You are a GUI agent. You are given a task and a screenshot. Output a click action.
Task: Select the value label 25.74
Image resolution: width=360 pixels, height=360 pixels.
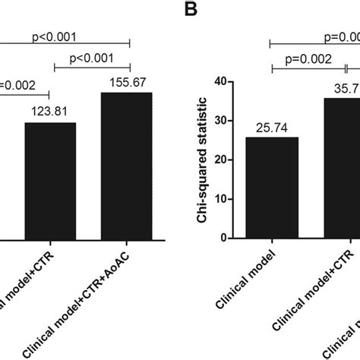tap(272, 128)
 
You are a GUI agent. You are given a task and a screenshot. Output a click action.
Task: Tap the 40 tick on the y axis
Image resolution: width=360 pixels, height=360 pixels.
tap(222, 82)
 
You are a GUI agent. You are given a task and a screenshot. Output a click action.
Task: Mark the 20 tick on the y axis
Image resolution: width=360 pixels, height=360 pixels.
tap(222, 159)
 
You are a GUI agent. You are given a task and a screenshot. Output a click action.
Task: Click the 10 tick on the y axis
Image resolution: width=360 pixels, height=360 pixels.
tap(222, 199)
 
